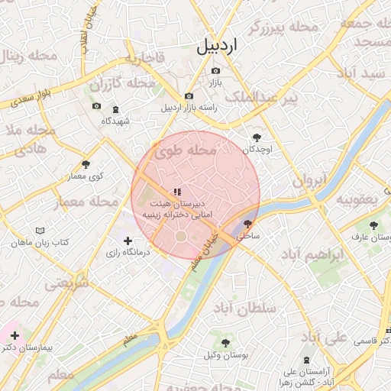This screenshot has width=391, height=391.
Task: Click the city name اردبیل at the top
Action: (217, 45)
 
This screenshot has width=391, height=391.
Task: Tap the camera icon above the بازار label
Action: (215, 71)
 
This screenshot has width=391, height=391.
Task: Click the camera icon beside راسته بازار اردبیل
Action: (189, 96)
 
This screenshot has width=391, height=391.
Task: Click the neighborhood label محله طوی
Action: (186, 153)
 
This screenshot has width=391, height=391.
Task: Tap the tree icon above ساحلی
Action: (247, 225)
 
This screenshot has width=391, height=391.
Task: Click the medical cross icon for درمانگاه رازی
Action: (128, 241)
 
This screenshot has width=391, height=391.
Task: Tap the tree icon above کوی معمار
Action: (86, 164)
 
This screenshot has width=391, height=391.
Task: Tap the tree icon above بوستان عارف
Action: (373, 225)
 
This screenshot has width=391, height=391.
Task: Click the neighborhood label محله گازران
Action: (117, 82)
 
